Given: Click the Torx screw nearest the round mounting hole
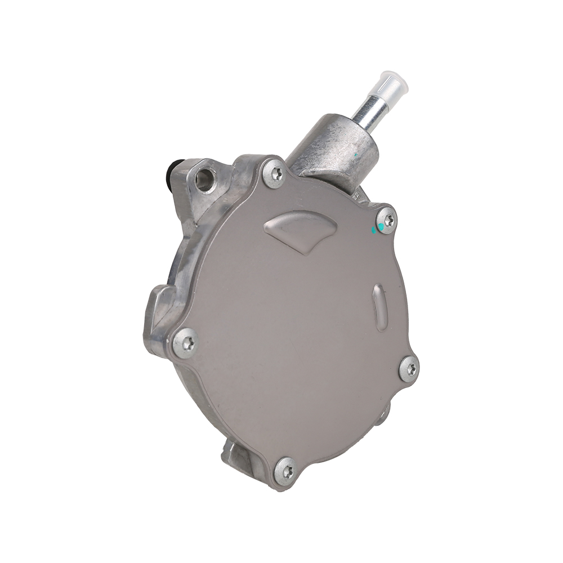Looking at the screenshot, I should [x=275, y=173].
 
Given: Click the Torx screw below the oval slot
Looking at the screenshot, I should [x=409, y=368].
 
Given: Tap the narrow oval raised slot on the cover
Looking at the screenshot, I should [x=380, y=307].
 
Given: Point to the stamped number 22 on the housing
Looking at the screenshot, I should [x=356, y=195].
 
